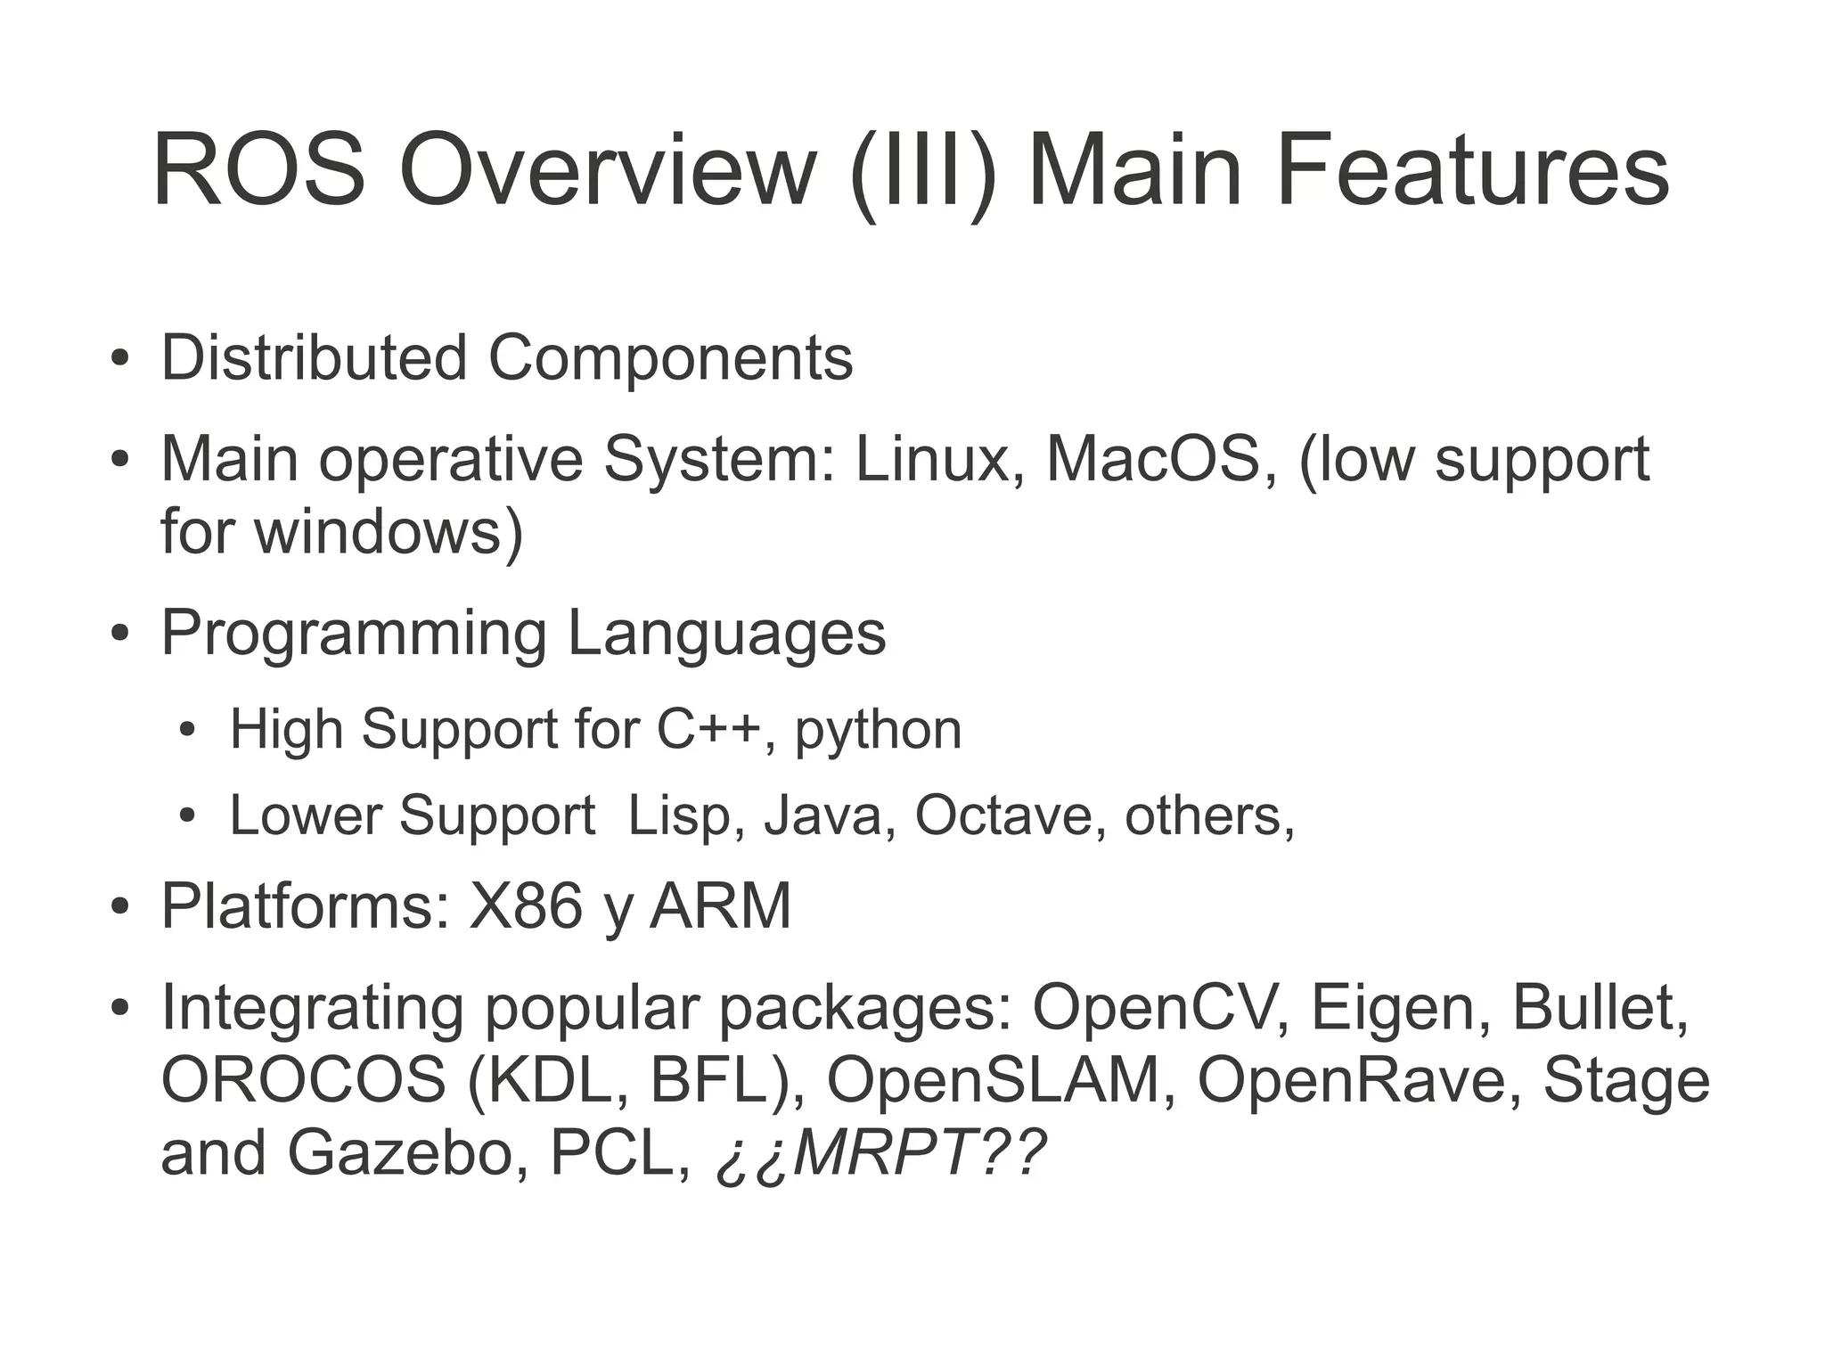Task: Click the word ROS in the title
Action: pyautogui.click(x=258, y=170)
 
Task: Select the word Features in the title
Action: pyautogui.click(x=1472, y=170)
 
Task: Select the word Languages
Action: pyautogui.click(x=726, y=634)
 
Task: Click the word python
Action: pyautogui.click(x=878, y=731)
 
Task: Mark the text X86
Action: pyautogui.click(x=526, y=906)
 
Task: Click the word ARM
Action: pyautogui.click(x=720, y=906)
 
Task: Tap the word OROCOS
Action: pyautogui.click(x=303, y=1080)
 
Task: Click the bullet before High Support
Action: pyautogui.click(x=186, y=731)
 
